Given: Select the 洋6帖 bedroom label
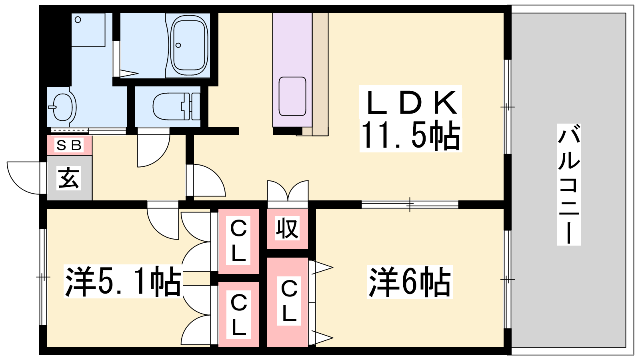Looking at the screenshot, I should coord(410,282).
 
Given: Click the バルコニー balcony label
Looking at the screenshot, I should coord(568,184).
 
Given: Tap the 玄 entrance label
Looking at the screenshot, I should coord(69,178).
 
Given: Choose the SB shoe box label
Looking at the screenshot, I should coord(69,145).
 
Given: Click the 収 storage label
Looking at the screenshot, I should coord(287,229).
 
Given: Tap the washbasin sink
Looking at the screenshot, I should coord(63,107).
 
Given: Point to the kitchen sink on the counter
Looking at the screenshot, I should coord(292,96).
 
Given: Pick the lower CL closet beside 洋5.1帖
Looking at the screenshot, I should coord(239,314).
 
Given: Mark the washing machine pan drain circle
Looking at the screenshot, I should coord(78,20).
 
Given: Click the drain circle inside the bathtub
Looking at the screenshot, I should coord(178,45).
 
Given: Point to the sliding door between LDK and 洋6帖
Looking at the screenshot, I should coord(410,204).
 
